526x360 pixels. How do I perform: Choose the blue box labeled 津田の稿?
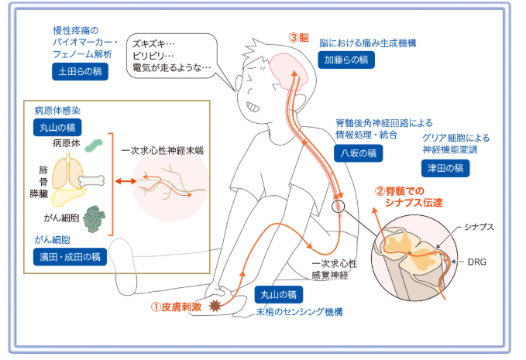(x=445, y=166)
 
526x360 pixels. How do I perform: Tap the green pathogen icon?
(x=94, y=145)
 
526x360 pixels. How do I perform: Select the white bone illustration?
(x=91, y=181)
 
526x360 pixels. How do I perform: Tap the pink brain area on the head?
(x=289, y=69)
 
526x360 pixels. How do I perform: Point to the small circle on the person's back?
(x=337, y=207)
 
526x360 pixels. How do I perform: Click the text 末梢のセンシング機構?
(x=300, y=312)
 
